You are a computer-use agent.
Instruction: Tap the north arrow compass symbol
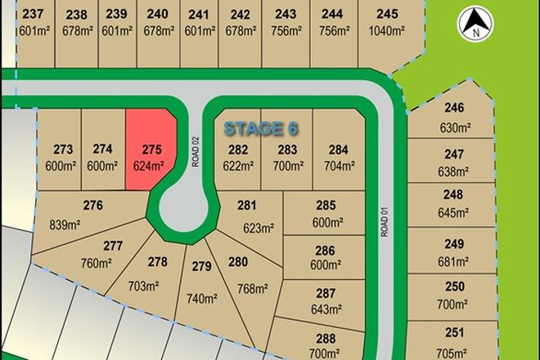473,23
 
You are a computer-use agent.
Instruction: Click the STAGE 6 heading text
261,128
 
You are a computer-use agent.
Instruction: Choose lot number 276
92,206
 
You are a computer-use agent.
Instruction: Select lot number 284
337,150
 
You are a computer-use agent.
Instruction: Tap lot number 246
453,109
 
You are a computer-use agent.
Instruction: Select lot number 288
326,339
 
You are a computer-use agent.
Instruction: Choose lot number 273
64,150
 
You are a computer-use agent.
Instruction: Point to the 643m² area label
326,309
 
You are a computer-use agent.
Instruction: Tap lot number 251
453,332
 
